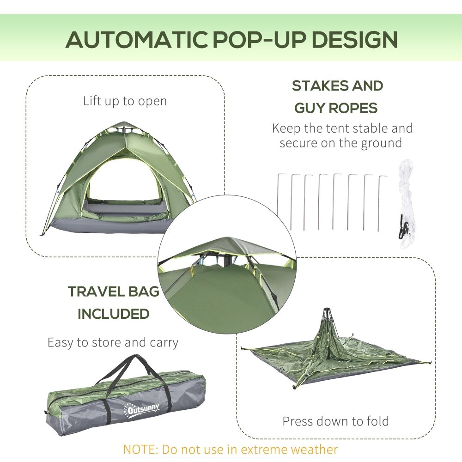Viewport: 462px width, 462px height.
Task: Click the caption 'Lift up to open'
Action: click(x=125, y=101)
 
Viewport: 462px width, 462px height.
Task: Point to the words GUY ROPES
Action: click(x=336, y=108)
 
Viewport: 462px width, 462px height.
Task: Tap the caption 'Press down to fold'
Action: click(x=335, y=421)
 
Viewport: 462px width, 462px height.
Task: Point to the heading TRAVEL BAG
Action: click(x=114, y=292)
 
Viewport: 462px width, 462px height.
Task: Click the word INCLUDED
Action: click(x=113, y=314)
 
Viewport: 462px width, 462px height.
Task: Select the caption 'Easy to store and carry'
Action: click(x=113, y=342)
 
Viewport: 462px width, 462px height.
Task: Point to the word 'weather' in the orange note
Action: click(x=313, y=449)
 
